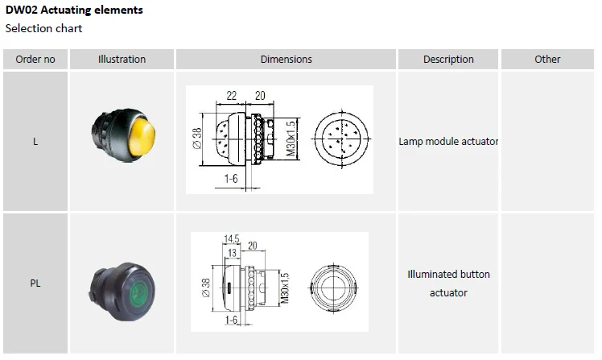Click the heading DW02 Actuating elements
click(74, 10)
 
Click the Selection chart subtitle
click(43, 29)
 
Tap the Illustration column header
click(122, 59)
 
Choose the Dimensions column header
click(286, 59)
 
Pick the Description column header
click(448, 59)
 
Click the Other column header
click(547, 59)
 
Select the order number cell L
click(35, 142)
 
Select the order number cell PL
click(35, 283)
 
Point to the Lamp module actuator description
click(448, 142)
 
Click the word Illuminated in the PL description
click(435, 274)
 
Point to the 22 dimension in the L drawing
click(232, 95)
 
